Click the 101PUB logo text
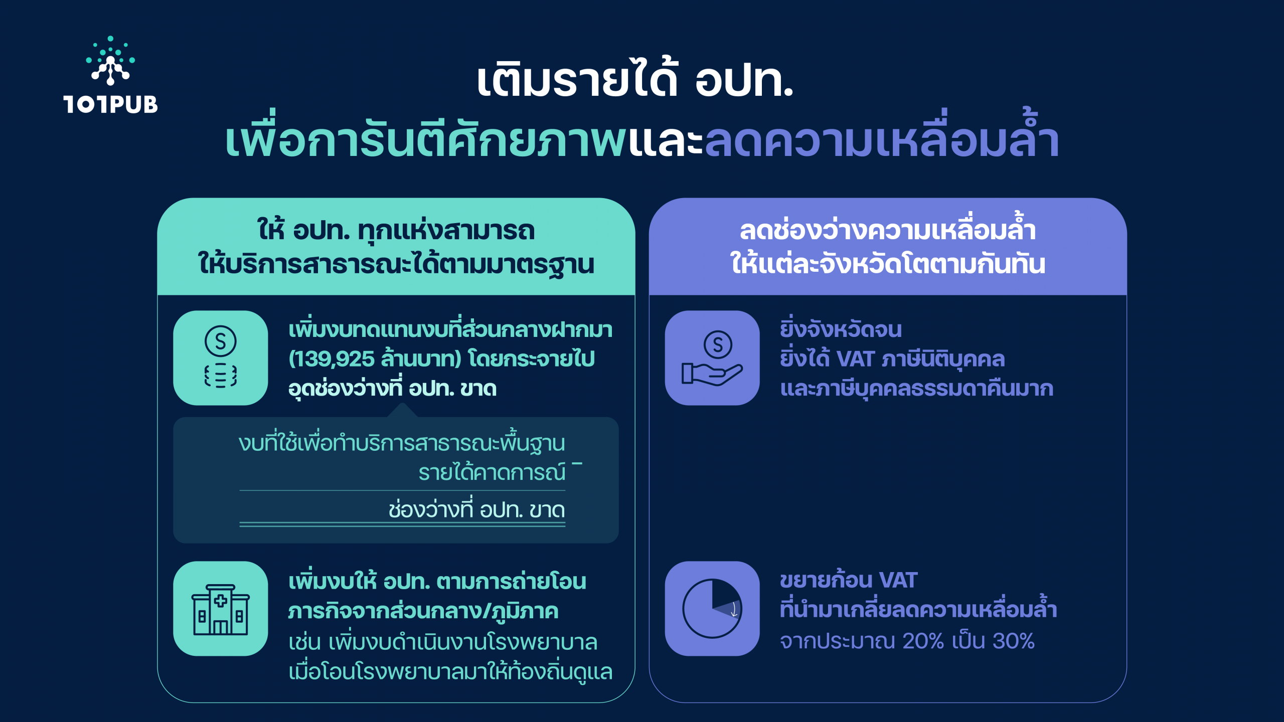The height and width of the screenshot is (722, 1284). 110,104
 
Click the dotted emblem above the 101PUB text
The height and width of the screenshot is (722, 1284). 110,61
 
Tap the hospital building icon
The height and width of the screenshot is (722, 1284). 221,610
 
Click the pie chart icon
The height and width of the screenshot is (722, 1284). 712,609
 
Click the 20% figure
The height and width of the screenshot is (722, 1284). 923,641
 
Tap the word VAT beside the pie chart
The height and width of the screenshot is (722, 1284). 898,581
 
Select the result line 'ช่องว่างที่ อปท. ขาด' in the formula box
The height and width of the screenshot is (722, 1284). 476,509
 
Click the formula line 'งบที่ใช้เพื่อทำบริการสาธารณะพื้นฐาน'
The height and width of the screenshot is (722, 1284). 402,443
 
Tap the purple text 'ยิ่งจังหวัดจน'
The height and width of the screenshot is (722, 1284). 841,329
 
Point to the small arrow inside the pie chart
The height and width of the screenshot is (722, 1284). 734,610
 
